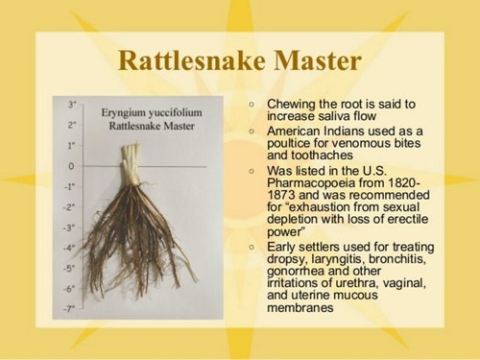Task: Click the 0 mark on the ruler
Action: tap(71, 166)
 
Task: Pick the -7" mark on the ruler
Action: tap(70, 308)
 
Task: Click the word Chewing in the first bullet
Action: tap(294, 103)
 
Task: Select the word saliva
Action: tap(334, 116)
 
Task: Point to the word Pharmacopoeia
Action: tap(313, 183)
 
